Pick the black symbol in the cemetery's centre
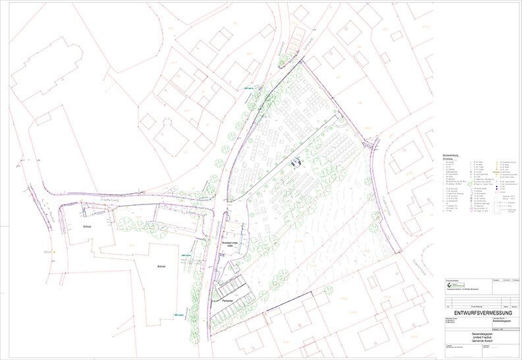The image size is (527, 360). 297,160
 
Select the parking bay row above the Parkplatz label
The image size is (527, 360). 235,287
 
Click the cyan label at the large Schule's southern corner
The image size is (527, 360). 177,315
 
